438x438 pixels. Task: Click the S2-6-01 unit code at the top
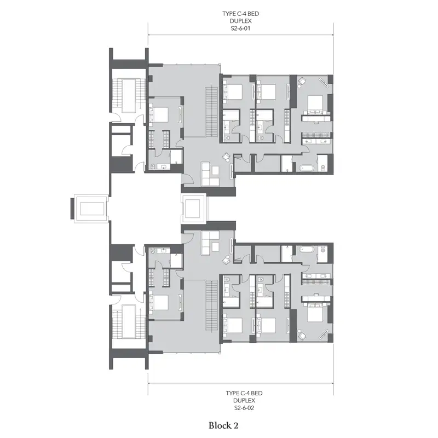(x=240, y=28)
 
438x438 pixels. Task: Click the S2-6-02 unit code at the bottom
(x=244, y=408)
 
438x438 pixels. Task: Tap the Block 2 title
(x=223, y=425)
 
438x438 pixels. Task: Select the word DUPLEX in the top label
(x=240, y=21)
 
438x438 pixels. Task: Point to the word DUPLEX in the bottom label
(x=244, y=401)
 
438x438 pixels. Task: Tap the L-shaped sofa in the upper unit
(x=210, y=174)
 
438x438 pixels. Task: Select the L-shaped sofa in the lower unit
(x=210, y=243)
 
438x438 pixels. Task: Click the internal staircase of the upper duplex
(x=211, y=112)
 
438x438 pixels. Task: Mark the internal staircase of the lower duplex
(x=211, y=306)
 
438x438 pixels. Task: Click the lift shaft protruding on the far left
(x=90, y=209)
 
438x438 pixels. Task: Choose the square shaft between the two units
(x=194, y=209)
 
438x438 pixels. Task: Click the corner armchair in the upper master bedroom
(x=302, y=82)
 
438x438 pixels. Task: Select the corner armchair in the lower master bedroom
(x=302, y=336)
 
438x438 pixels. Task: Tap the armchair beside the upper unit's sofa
(x=227, y=157)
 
